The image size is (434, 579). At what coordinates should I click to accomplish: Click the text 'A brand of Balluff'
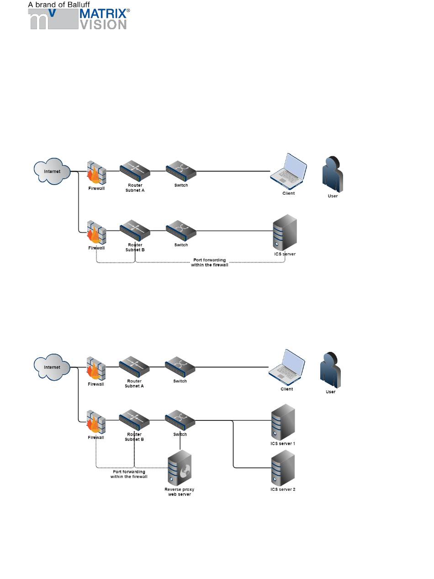click(x=59, y=5)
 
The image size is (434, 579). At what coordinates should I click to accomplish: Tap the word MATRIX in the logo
click(x=103, y=14)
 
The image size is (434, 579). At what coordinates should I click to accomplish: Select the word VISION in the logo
click(x=103, y=25)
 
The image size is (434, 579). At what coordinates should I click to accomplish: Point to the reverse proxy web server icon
click(x=180, y=467)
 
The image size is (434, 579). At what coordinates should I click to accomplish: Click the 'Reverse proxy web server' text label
click(x=179, y=492)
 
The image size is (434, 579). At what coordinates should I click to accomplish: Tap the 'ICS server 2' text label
click(x=283, y=489)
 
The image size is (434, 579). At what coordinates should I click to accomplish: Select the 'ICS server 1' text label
click(x=283, y=443)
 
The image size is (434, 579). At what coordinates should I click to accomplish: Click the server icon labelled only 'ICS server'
click(x=285, y=233)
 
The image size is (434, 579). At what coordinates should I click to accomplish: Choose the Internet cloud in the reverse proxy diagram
click(x=52, y=367)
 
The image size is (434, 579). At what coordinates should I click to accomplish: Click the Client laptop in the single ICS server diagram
click(x=288, y=171)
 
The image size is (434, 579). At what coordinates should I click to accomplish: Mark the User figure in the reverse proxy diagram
click(x=330, y=370)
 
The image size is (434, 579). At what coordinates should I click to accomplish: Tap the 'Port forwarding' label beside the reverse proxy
click(x=129, y=474)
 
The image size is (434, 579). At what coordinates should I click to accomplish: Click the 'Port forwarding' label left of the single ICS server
click(x=210, y=262)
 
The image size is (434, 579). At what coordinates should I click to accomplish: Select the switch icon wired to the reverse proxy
click(x=180, y=420)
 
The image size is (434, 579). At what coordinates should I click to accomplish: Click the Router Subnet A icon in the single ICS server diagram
click(x=135, y=171)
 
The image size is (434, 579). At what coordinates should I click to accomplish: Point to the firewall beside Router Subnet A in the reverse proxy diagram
click(x=96, y=368)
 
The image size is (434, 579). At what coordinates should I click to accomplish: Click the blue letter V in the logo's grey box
click(x=53, y=13)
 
